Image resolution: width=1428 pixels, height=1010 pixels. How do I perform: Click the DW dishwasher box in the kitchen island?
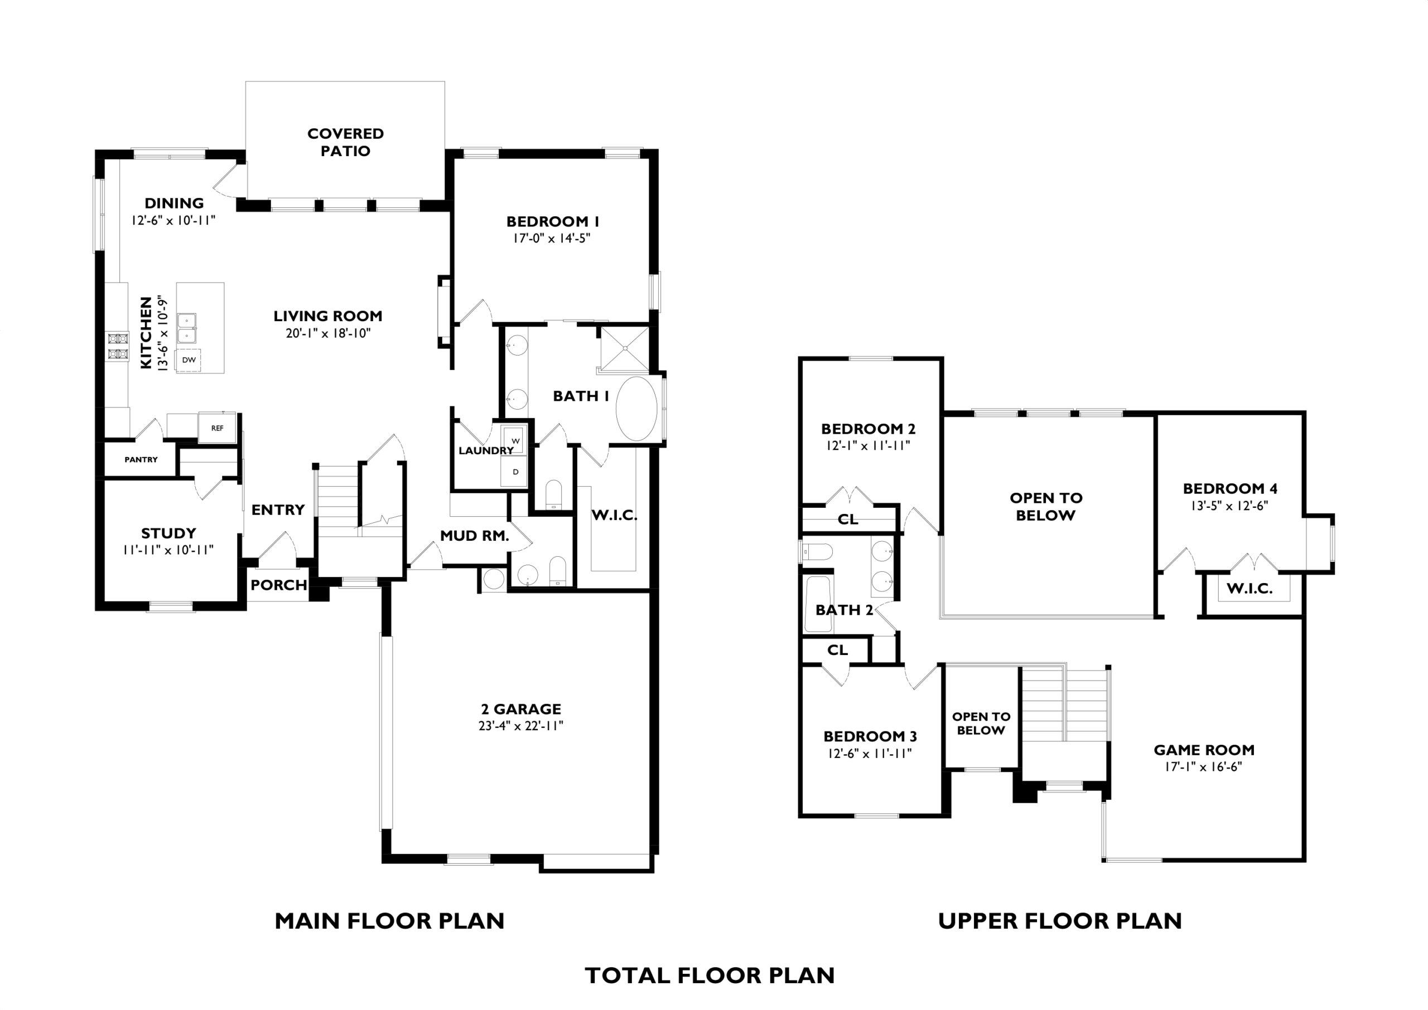[x=189, y=360]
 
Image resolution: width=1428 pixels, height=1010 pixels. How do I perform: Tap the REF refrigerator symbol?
[x=217, y=428]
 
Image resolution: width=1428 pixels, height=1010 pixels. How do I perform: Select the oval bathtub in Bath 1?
[x=636, y=409]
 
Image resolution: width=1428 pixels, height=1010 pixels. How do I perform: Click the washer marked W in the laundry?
[x=515, y=441]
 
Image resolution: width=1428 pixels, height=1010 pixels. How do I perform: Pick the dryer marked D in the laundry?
[x=515, y=472]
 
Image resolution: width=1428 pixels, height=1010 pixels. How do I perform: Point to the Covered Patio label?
[x=345, y=143]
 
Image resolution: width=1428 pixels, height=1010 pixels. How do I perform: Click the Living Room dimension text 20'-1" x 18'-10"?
[x=328, y=333]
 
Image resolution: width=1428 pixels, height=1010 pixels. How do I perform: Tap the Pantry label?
[x=141, y=460]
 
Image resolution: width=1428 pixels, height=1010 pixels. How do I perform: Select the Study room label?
[x=168, y=533]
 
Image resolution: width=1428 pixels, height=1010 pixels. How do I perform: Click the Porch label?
[x=279, y=585]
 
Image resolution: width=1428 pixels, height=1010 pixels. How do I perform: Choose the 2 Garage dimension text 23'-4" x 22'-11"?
[x=521, y=726]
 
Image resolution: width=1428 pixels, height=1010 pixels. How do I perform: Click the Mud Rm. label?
[x=475, y=536]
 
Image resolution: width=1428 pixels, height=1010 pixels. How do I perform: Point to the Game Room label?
[x=1204, y=750]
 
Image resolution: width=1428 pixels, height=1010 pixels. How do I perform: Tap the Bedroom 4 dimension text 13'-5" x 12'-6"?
[x=1229, y=506]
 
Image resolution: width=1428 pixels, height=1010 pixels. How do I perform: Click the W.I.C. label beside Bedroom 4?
[x=1249, y=589]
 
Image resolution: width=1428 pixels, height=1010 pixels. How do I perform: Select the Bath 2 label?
[x=845, y=610]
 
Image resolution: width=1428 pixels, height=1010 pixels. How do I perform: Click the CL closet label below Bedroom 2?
[x=848, y=519]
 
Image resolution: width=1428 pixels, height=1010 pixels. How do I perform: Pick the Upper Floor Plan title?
[x=1060, y=921]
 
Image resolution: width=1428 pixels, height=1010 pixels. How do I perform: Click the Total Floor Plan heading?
[x=710, y=976]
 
